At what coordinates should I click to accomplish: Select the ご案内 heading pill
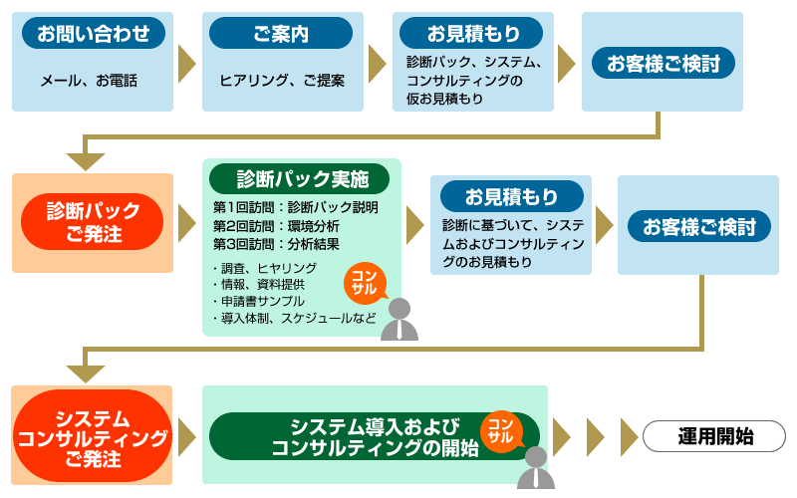click(x=281, y=34)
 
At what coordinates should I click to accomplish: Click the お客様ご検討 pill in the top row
click(x=663, y=63)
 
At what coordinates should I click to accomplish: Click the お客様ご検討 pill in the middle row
click(x=698, y=226)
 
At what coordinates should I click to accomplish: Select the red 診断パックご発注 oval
click(x=93, y=222)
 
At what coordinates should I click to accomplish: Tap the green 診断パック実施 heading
click(x=302, y=178)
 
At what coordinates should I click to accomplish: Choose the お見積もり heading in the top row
click(x=472, y=34)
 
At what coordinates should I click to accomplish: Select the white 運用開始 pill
click(x=714, y=435)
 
